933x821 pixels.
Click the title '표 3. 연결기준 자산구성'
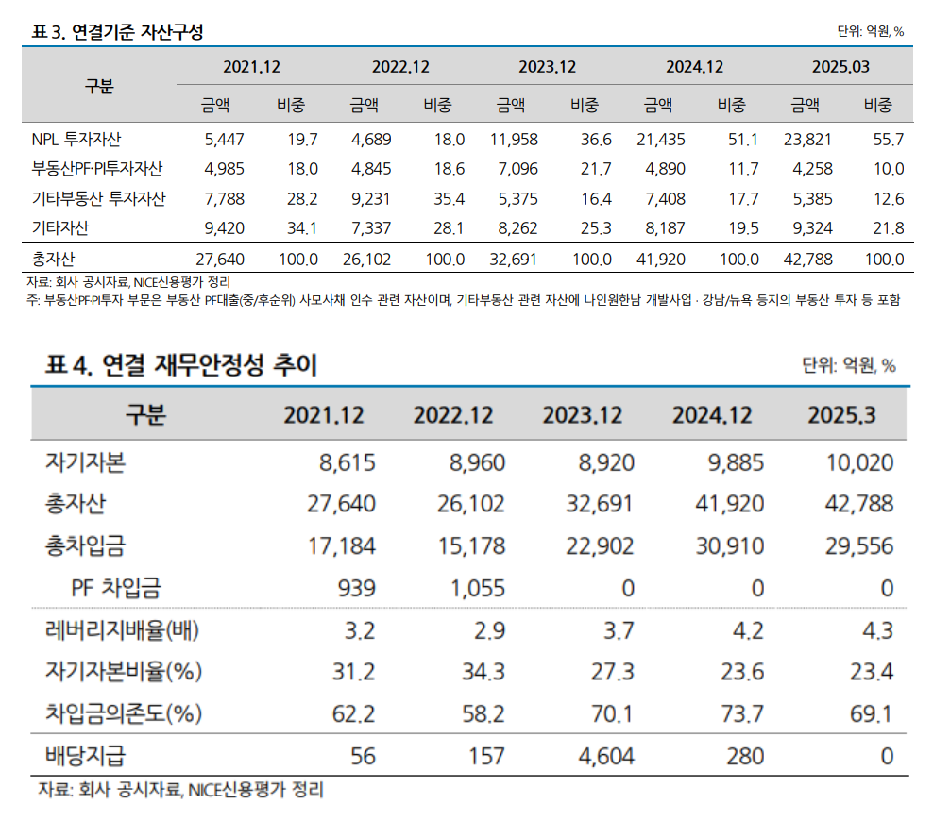click(x=118, y=31)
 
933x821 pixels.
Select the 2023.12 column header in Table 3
click(x=547, y=67)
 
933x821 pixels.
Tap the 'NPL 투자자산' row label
click(x=76, y=140)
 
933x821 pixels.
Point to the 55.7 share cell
click(x=889, y=140)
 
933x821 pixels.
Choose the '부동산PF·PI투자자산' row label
click(x=97, y=169)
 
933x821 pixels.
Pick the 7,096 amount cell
click(x=515, y=169)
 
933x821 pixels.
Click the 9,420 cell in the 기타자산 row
click(x=225, y=227)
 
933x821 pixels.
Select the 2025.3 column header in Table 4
click(x=842, y=414)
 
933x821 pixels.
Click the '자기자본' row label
click(x=85, y=462)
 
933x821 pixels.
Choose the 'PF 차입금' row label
click(x=116, y=588)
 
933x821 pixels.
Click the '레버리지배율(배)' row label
click(x=123, y=630)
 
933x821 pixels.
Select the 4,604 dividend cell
click(x=601, y=756)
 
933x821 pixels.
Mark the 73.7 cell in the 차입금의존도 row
click(x=741, y=713)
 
